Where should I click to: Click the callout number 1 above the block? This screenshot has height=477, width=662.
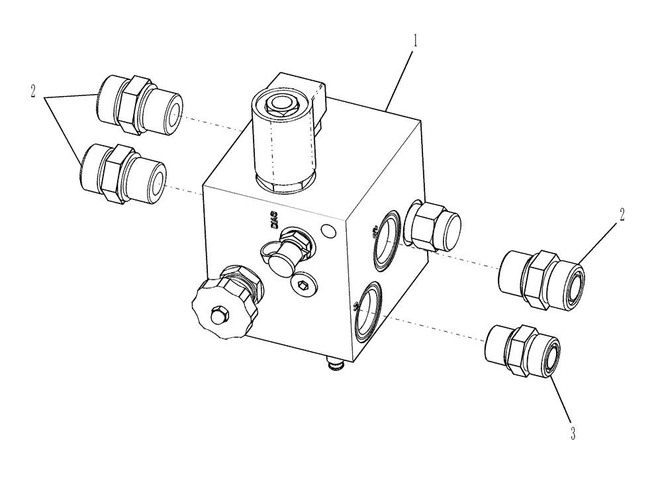(415, 40)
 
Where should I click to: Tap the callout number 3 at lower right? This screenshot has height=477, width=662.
(573, 434)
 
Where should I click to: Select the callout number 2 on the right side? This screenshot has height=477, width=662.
(622, 215)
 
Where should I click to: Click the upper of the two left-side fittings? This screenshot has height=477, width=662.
(138, 105)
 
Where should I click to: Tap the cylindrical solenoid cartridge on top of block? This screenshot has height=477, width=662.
(282, 142)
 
